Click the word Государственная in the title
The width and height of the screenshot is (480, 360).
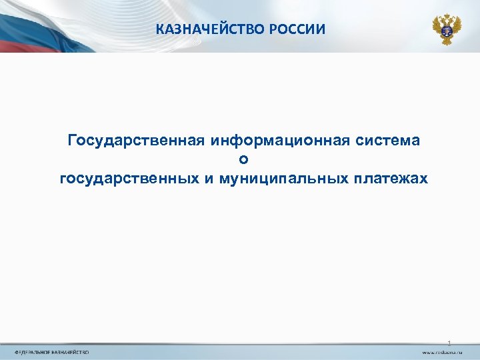pyautogui.click(x=136, y=141)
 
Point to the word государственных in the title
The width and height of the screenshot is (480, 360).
pyautogui.click(x=127, y=179)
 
